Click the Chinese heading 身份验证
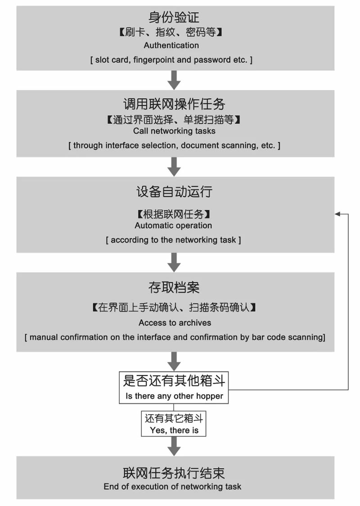(x=174, y=18)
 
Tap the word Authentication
(x=171, y=45)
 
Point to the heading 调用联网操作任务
(x=174, y=104)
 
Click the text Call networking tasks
(x=174, y=131)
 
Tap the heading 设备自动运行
(x=174, y=192)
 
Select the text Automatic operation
(x=173, y=226)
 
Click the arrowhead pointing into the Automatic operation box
(x=338, y=214)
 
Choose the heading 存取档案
(x=174, y=287)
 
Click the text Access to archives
(x=175, y=323)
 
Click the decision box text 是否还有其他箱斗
(x=174, y=381)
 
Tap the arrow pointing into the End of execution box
(x=174, y=446)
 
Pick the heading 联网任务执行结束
(x=174, y=473)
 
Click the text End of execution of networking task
(x=172, y=487)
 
